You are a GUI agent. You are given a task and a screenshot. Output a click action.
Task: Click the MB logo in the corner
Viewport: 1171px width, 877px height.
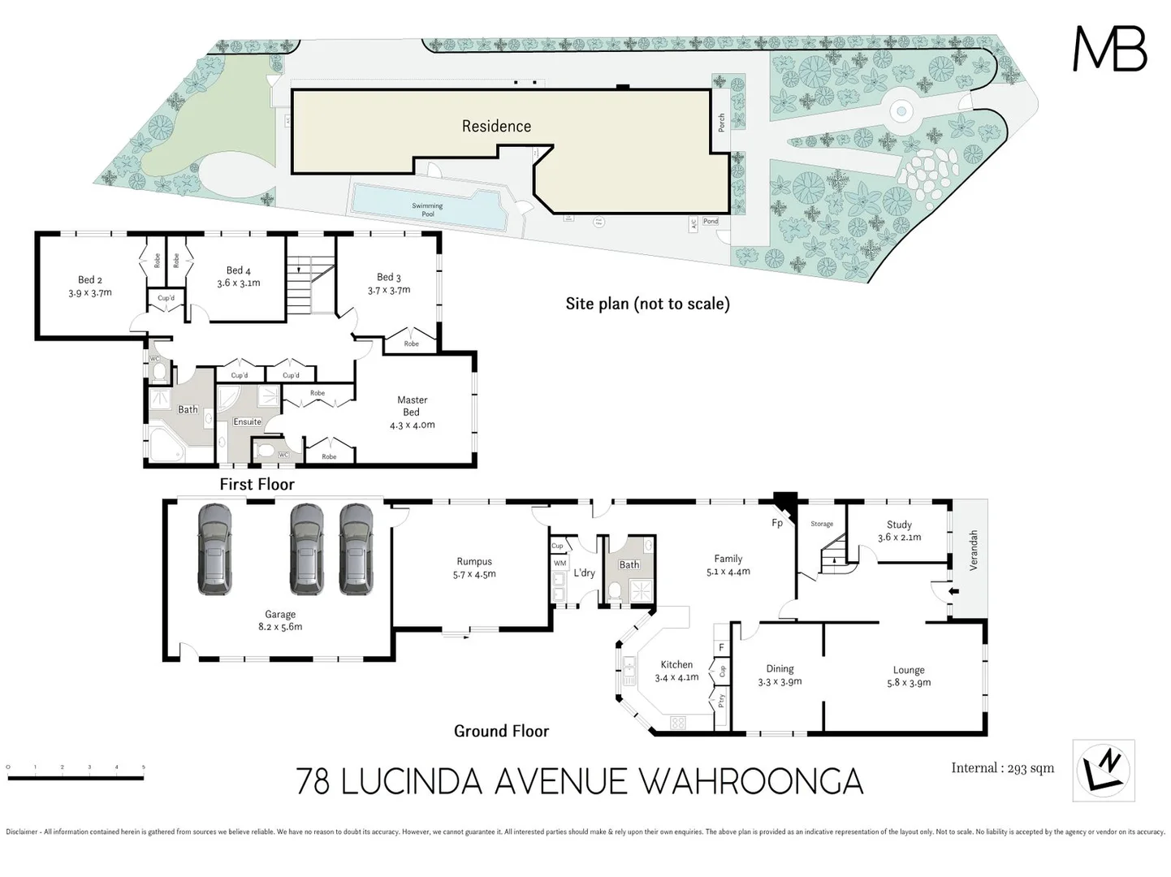pos(1109,50)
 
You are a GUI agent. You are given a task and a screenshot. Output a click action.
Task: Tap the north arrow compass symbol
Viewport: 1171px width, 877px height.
pos(1103,770)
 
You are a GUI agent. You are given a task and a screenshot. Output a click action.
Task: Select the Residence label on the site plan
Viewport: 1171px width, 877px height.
pos(496,126)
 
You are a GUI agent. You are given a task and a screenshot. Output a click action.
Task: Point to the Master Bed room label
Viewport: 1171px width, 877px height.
pos(412,406)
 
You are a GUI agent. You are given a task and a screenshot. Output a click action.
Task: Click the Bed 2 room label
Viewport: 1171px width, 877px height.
pos(90,280)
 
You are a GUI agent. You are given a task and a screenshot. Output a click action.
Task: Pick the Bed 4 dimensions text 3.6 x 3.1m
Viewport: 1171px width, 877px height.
pos(239,283)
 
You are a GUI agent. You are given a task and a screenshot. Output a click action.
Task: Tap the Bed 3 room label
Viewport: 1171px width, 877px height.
pos(388,278)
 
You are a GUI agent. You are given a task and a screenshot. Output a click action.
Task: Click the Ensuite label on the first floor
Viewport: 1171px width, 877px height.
pos(248,421)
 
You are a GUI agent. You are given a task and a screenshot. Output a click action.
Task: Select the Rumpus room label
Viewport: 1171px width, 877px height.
pos(474,562)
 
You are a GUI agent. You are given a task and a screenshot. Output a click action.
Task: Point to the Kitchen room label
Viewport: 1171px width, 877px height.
pos(676,664)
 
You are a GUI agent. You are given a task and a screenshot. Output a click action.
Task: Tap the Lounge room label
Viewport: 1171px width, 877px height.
pos(909,670)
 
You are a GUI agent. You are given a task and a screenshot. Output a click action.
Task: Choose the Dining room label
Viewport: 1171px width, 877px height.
pos(780,669)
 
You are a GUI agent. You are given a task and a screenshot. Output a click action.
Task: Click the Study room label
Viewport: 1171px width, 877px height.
pos(899,525)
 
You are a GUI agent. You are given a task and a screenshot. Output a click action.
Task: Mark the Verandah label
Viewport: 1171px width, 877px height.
pos(974,550)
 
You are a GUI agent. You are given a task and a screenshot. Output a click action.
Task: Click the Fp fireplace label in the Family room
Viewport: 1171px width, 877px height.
pos(777,523)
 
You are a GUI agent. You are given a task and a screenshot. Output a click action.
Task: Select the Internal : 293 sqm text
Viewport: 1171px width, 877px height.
pos(1002,768)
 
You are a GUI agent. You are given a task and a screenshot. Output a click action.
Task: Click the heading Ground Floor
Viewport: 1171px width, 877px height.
pos(501,731)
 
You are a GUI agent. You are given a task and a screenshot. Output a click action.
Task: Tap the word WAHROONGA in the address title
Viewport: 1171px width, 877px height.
pos(751,781)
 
